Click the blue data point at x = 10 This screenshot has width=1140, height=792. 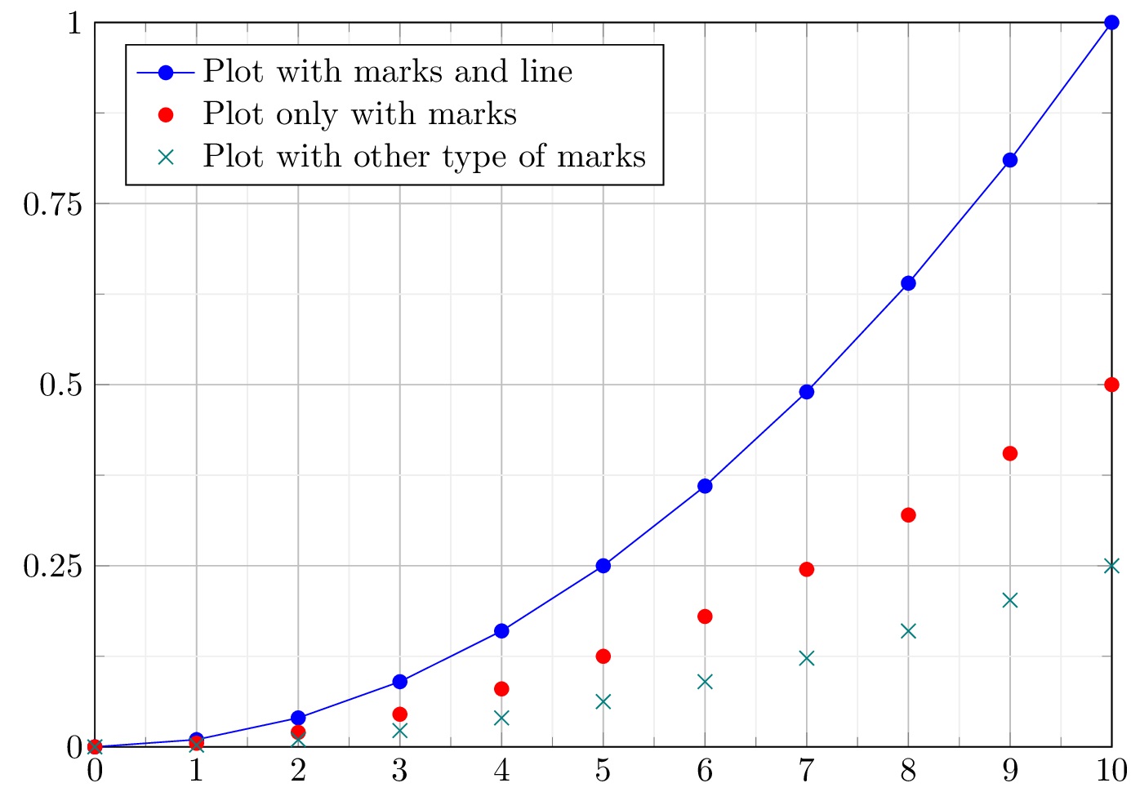tap(1111, 23)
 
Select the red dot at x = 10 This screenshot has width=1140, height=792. tap(1111, 385)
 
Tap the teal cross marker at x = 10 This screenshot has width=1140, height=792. tap(1111, 566)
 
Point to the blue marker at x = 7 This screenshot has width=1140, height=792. tap(807, 392)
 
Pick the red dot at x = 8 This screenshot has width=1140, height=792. tap(908, 515)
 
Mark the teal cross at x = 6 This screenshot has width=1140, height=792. tap(705, 682)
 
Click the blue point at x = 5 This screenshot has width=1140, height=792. tap(603, 566)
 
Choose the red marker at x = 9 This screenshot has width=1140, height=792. tap(1010, 454)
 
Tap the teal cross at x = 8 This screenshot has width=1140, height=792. tap(908, 631)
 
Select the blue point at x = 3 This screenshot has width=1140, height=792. tap(399, 682)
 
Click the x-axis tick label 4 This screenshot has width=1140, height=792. tap(501, 771)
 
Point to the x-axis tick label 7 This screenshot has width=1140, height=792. tap(807, 771)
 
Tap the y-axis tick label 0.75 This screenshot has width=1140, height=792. tap(53, 204)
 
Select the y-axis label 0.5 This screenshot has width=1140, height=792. tap(62, 385)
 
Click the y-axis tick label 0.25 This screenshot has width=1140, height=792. tap(53, 566)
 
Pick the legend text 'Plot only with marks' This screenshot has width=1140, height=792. tap(359, 114)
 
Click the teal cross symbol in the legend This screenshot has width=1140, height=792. tap(166, 157)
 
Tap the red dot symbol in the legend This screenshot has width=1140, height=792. tap(166, 114)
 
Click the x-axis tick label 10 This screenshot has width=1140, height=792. tap(1111, 771)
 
